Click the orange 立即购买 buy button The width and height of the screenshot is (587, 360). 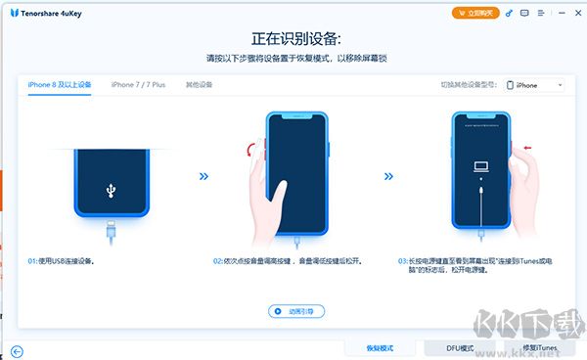click(475, 13)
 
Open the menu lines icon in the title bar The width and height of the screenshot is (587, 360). click(541, 13)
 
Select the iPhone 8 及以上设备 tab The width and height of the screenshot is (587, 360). click(60, 85)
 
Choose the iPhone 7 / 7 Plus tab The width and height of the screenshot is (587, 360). click(139, 85)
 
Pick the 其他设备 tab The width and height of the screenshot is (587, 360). click(199, 85)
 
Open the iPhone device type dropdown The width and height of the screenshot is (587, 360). click(538, 85)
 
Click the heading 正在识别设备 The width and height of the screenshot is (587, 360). click(293, 39)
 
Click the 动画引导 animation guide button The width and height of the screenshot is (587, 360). click(296, 311)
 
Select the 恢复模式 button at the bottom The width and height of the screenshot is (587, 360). click(379, 348)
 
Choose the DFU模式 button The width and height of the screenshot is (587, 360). click(459, 348)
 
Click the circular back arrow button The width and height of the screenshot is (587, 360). click(17, 352)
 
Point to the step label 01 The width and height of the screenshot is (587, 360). click(32, 262)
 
